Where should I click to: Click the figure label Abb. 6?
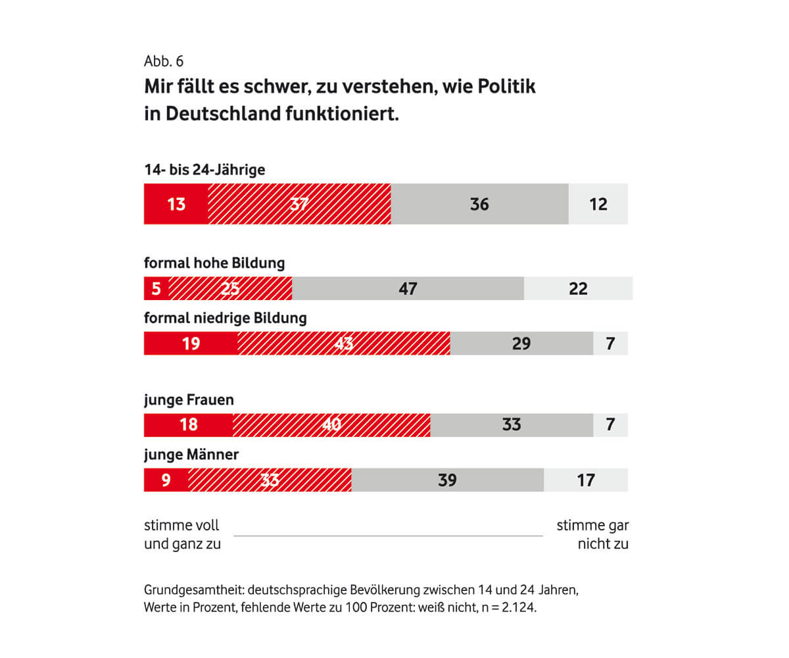pos(164,62)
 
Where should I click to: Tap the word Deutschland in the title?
pos(222,113)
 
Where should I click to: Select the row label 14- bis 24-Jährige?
pos(204,170)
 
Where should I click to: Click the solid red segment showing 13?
pos(176,204)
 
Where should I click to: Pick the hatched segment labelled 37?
pos(299,204)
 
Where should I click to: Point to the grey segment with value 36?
pos(479,204)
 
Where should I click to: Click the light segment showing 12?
pos(598,204)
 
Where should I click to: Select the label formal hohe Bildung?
pos(214,263)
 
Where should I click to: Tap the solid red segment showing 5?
pos(156,288)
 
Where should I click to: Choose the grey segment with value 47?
pos(408,288)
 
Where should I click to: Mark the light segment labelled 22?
pos(578,288)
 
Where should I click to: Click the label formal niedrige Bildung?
pos(226,318)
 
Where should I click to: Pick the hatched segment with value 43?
pos(344,343)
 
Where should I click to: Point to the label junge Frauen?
pos(189,399)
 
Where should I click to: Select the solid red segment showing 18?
pos(188,425)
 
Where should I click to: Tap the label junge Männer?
pos(191,455)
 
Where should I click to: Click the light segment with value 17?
pos(585,480)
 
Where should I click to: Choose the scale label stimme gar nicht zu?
pos(592,534)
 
